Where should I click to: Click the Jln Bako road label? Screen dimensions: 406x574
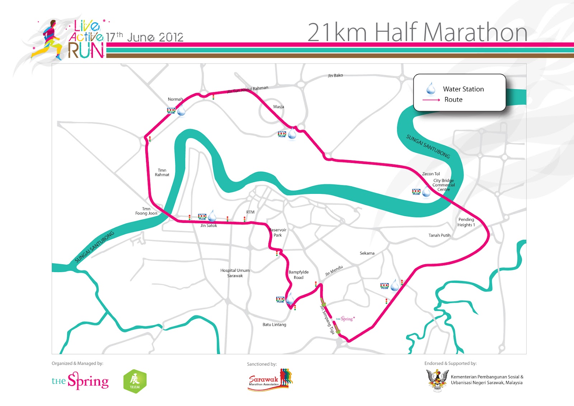335,75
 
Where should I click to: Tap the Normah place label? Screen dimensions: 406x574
175,99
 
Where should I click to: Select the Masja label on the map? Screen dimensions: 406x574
278,107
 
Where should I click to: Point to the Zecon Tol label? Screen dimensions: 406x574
431,174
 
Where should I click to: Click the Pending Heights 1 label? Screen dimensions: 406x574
466,222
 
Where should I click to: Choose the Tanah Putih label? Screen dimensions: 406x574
439,235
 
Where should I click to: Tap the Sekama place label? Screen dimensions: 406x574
367,253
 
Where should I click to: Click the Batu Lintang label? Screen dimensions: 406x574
274,325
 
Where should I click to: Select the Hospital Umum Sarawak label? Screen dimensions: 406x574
235,273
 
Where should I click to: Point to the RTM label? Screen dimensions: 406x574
250,212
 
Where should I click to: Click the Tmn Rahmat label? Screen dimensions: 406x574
162,173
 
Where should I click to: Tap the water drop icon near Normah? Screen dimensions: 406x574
181,110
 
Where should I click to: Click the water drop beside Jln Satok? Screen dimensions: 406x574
212,216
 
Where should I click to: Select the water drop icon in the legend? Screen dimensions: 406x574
431,88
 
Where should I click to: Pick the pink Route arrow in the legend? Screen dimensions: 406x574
431,100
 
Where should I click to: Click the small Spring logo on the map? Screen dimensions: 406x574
345,319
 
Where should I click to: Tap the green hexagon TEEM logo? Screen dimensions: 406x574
135,381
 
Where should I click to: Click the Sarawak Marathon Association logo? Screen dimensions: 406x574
270,380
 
